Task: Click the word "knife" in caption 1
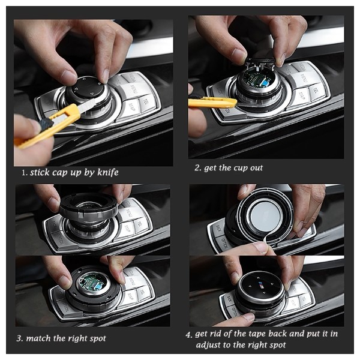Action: (x=108, y=172)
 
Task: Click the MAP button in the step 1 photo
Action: (x=131, y=107)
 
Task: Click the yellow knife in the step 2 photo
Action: (x=212, y=103)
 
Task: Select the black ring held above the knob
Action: (x=89, y=206)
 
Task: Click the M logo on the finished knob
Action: (x=261, y=284)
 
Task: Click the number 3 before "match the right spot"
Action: (x=19, y=338)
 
